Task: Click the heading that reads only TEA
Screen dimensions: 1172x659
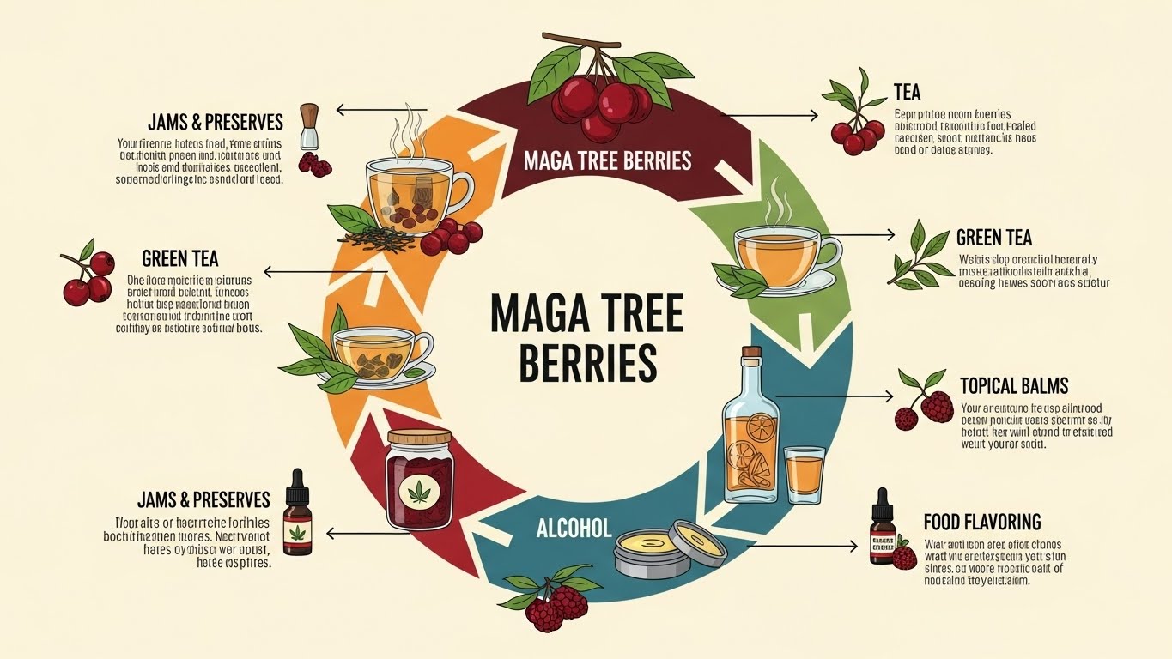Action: point(907,92)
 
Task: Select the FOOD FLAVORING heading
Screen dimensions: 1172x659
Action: point(982,522)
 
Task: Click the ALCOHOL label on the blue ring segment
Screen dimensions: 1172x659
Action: point(574,528)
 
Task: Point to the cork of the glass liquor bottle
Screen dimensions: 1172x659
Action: point(752,354)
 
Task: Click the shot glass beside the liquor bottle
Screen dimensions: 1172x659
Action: point(805,474)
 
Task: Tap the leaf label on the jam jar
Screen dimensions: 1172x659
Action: point(420,491)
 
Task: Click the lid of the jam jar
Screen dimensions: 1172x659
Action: point(420,438)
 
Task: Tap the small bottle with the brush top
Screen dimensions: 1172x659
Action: point(309,127)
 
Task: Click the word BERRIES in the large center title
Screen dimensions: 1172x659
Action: point(588,362)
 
